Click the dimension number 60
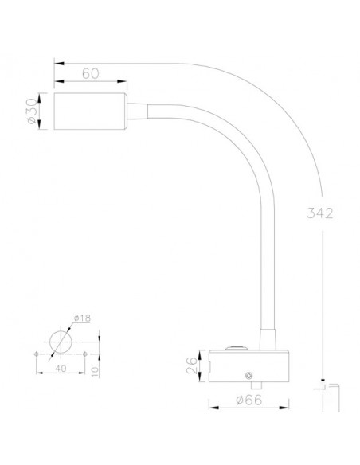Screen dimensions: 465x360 (x=90, y=73)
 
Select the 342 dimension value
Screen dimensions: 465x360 (x=318, y=213)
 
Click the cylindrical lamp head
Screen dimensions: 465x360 (x=88, y=111)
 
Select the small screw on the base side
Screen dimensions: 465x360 (x=251, y=374)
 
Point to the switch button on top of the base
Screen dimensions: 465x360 (x=236, y=347)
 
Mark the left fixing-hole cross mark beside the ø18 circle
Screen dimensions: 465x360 (x=36, y=353)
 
